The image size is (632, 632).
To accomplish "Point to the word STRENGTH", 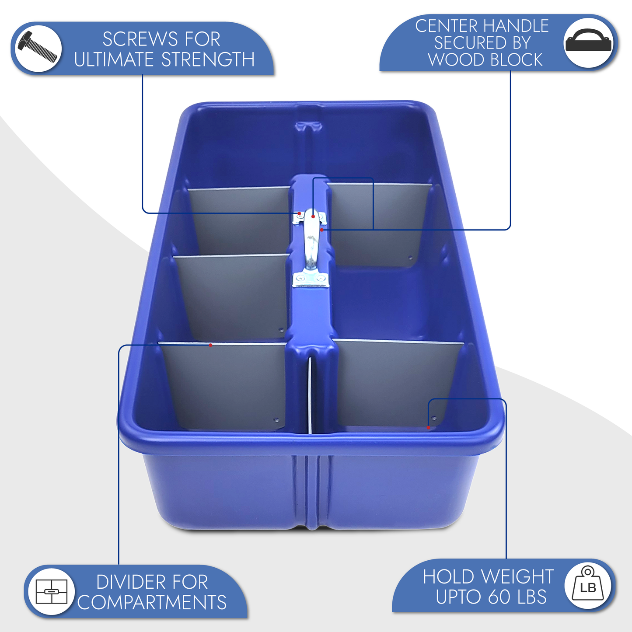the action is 208,59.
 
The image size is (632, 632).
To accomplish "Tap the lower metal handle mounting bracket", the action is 310,280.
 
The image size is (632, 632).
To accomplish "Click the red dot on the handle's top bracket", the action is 313,216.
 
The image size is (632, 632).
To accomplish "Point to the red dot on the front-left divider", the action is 210,345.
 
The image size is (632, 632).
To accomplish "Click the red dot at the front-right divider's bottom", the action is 428,428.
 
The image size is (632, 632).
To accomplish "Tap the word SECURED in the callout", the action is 482,42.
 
